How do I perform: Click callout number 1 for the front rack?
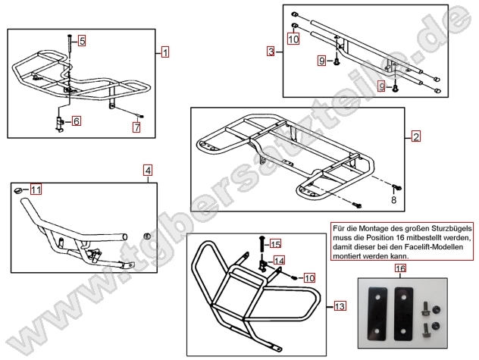pyautogui.click(x=164, y=52)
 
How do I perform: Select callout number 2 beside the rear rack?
pyautogui.click(x=415, y=137)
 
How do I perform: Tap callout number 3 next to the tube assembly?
pyautogui.click(x=271, y=52)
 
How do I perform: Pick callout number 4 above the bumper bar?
pyautogui.click(x=148, y=171)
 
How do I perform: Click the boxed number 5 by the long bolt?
pyautogui.click(x=83, y=40)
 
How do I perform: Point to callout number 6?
pyautogui.click(x=77, y=121)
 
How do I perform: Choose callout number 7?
pyautogui.click(x=136, y=128)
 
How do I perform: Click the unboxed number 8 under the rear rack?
pyautogui.click(x=394, y=200)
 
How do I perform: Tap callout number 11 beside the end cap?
pyautogui.click(x=36, y=188)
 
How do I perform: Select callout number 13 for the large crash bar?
pyautogui.click(x=340, y=307)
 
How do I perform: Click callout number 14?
pyautogui.click(x=280, y=260)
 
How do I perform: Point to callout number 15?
pyautogui.click(x=275, y=244)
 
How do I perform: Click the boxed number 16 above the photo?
pyautogui.click(x=400, y=268)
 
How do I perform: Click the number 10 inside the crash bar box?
pyautogui.click(x=309, y=278)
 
